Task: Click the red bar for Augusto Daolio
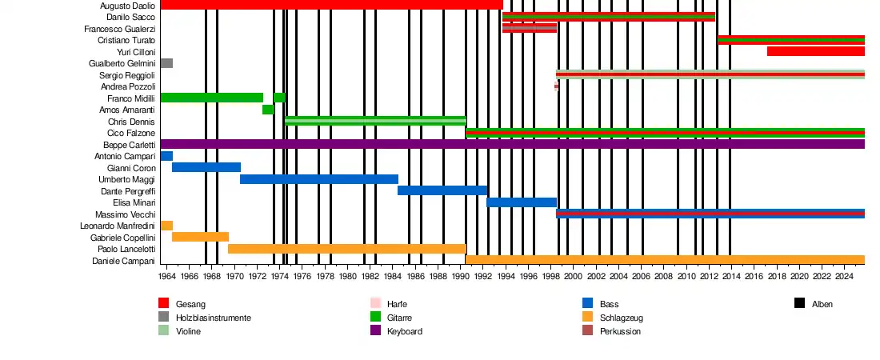[x=331, y=5]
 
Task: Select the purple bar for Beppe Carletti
[x=512, y=144]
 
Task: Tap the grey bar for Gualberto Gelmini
[x=166, y=63]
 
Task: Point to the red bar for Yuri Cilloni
[x=815, y=51]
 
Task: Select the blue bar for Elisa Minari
[x=521, y=202]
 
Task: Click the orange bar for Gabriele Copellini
[x=200, y=237]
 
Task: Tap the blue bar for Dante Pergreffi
[x=442, y=190]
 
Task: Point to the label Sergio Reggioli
[x=127, y=75]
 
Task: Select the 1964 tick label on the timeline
[x=166, y=276]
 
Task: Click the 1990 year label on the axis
[x=461, y=276]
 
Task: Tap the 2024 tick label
[x=844, y=276]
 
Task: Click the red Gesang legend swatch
[x=163, y=303]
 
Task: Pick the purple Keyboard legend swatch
[x=376, y=330]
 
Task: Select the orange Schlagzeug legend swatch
[x=587, y=317]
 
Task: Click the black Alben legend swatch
[x=799, y=303]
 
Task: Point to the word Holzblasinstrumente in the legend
[x=213, y=318]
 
